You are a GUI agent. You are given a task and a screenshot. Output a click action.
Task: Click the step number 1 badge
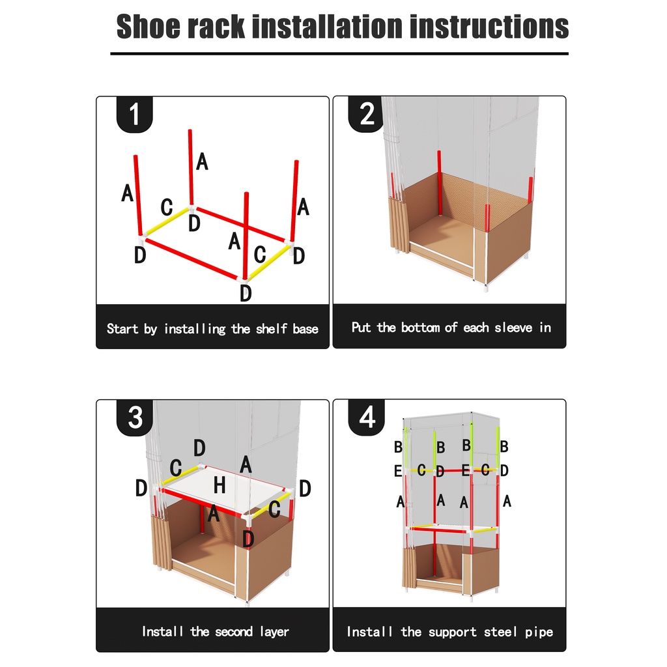[x=134, y=114]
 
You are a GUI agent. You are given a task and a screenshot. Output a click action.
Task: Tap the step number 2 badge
[x=367, y=114]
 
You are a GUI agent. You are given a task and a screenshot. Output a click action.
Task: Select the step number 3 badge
[x=134, y=417]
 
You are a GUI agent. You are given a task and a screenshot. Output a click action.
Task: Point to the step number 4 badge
[x=367, y=417]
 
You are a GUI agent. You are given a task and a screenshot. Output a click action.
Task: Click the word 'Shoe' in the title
[x=149, y=26]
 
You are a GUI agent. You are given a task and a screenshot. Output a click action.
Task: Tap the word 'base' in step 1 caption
[x=305, y=329]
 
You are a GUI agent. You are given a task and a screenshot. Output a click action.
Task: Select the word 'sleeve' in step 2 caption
[x=513, y=328]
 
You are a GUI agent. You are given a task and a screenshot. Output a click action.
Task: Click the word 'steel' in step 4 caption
[x=501, y=632]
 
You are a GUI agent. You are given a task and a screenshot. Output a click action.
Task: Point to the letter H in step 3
[x=220, y=485]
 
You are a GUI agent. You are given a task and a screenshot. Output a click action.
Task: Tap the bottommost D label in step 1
[x=246, y=293]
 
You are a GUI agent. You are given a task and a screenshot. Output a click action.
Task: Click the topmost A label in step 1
[x=202, y=162]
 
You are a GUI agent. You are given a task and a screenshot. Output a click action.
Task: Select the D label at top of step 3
[x=199, y=447]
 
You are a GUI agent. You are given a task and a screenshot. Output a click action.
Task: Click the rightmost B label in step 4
[x=504, y=446]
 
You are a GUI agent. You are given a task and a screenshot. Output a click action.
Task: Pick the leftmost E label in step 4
[x=398, y=471]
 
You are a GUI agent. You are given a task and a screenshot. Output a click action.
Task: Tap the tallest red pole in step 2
[x=440, y=183]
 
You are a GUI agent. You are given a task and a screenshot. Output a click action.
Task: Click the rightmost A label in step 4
[x=507, y=501]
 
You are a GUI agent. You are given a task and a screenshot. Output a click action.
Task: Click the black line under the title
[x=339, y=53]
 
